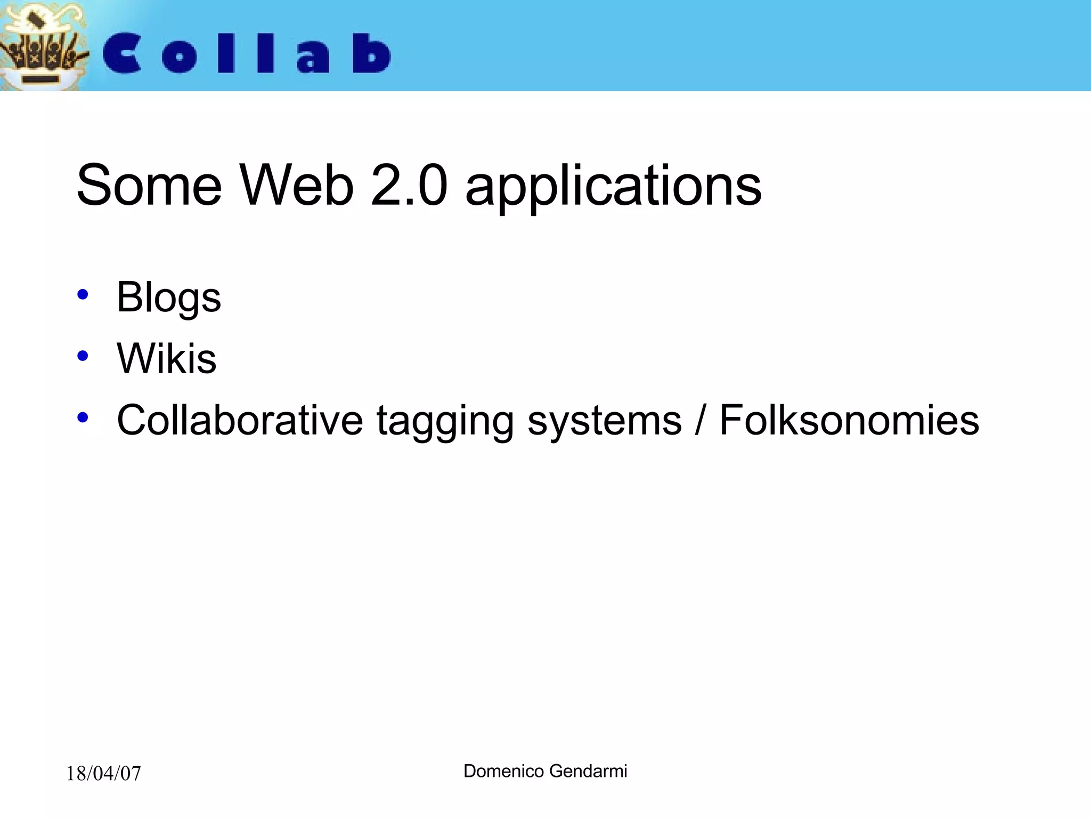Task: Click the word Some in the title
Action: [x=149, y=186]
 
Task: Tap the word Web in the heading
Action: [x=297, y=186]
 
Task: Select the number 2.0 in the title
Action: [x=409, y=186]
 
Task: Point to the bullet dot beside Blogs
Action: [x=83, y=294]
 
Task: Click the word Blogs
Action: [x=168, y=298]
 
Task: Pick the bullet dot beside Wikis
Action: [x=83, y=356]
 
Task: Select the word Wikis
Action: [x=166, y=358]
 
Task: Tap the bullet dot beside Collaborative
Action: [x=83, y=417]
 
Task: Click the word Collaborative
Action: [x=240, y=420]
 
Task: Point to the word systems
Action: [x=605, y=421]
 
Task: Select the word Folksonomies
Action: [x=849, y=420]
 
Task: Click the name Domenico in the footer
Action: [x=503, y=771]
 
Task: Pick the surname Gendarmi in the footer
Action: [x=588, y=771]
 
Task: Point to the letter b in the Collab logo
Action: [x=372, y=53]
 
